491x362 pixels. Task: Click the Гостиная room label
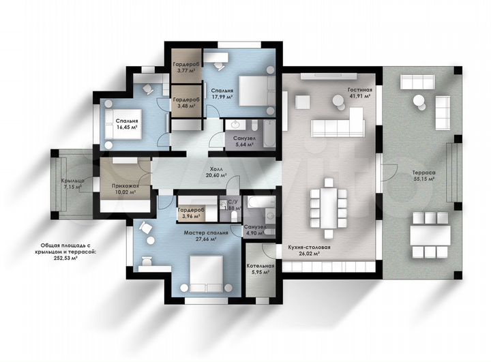360,90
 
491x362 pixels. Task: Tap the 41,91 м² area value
360,96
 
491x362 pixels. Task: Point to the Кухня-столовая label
309,247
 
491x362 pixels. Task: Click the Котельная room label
261,266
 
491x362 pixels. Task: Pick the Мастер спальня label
206,232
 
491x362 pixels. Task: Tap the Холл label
216,169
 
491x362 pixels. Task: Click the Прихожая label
125,185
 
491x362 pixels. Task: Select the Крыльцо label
72,181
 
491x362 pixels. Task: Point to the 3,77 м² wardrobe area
186,70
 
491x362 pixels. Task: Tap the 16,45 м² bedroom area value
127,127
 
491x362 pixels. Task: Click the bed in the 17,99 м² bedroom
257,91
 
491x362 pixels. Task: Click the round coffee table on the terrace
419,101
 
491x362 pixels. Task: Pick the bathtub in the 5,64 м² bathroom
269,134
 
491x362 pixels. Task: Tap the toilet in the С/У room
234,215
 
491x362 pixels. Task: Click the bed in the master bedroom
206,273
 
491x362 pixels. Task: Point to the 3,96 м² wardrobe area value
191,216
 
